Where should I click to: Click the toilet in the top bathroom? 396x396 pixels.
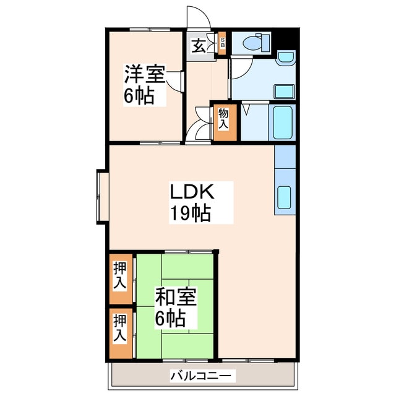[256, 43]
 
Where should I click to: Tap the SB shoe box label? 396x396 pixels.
[222, 43]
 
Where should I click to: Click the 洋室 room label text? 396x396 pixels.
[145, 74]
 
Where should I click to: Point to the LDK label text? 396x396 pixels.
[192, 192]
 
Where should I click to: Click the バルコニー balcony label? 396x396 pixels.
[200, 376]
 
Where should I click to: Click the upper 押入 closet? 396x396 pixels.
[121, 278]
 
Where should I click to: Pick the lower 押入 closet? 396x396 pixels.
[121, 333]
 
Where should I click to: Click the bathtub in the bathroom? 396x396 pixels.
[283, 123]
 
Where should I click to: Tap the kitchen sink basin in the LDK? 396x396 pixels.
[285, 197]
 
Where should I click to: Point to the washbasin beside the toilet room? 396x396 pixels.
[286, 58]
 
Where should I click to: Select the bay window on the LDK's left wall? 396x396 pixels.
[103, 197]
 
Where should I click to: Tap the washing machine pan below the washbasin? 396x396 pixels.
[285, 92]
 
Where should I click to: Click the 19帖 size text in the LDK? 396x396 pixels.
[191, 213]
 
